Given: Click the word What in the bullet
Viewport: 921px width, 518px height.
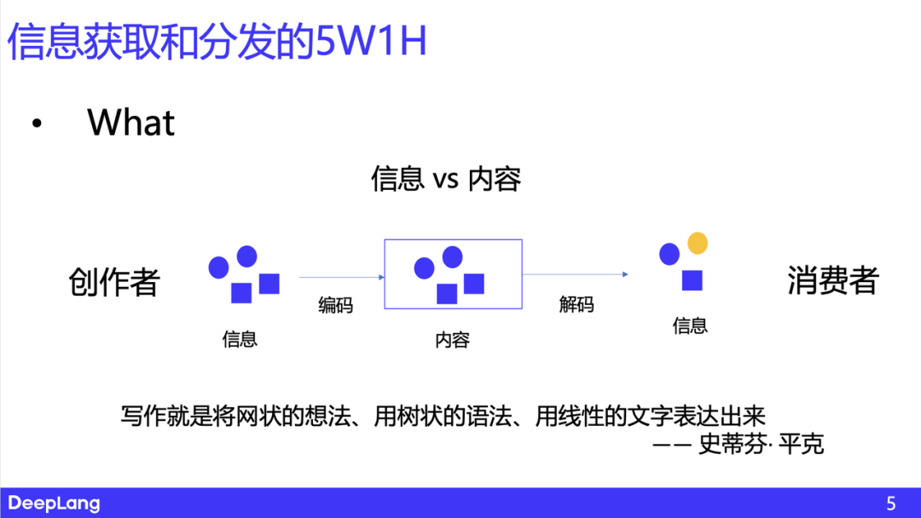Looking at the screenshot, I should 130,123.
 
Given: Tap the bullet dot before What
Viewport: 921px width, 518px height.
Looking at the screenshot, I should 36,124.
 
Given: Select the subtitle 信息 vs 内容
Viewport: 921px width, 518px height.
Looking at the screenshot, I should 446,179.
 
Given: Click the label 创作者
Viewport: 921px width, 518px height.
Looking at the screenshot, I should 114,282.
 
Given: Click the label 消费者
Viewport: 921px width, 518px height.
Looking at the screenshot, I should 832,280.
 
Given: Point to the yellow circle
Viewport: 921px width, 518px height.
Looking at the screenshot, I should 698,244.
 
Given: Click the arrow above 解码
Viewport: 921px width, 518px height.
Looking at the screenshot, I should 576,274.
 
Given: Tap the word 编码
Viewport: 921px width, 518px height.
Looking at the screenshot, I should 335,305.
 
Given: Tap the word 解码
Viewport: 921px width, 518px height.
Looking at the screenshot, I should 576,304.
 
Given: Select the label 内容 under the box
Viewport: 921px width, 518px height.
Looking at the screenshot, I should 452,341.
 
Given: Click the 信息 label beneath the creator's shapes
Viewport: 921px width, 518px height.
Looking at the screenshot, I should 240,339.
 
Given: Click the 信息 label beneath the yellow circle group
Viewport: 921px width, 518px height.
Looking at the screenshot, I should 690,325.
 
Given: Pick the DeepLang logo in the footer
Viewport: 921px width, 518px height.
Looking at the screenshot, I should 54,504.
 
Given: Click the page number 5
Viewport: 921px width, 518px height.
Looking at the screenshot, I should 891,504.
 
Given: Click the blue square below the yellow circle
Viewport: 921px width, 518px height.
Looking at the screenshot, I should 692,280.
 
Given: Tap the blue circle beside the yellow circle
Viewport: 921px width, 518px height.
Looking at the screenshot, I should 669,254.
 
